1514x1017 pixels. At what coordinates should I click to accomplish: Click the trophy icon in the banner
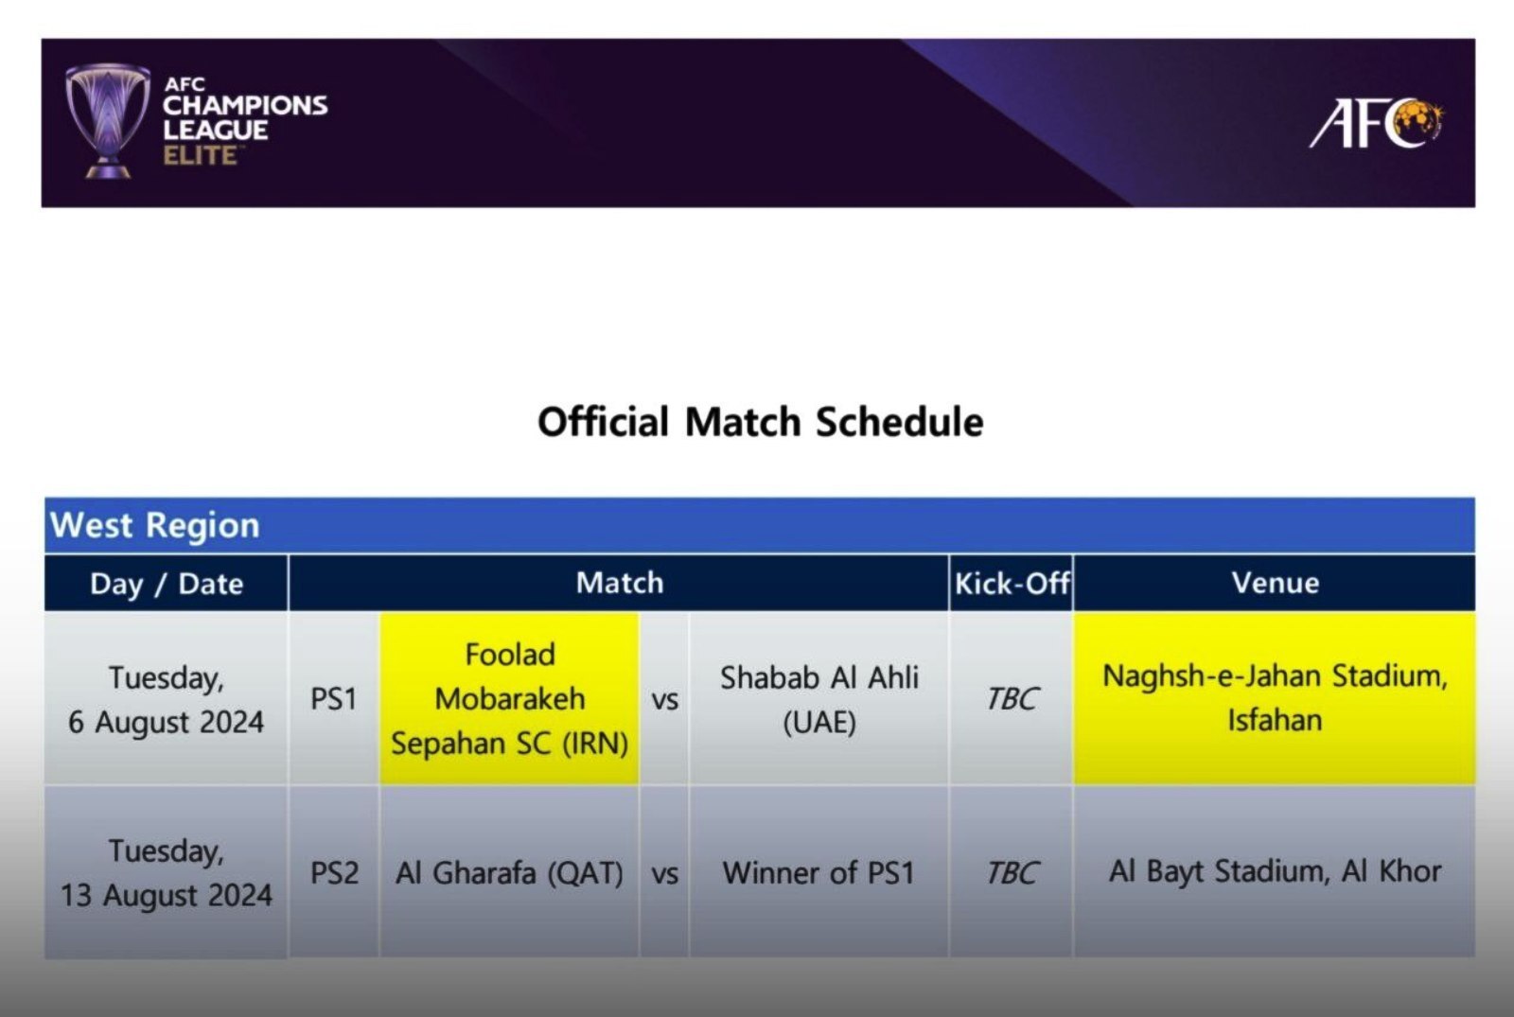click(x=108, y=121)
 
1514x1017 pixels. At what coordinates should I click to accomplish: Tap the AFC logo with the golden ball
click(x=1376, y=123)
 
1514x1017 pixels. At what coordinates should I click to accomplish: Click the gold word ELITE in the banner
click(x=201, y=155)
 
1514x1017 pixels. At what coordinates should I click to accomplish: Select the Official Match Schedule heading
click(x=761, y=422)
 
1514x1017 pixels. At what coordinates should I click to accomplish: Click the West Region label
click(x=155, y=525)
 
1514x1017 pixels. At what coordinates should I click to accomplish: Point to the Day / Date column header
click(x=167, y=583)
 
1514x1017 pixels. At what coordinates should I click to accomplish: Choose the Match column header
click(x=619, y=583)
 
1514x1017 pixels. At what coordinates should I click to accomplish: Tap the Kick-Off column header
click(x=1012, y=583)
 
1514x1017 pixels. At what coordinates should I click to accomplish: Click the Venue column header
click(x=1275, y=583)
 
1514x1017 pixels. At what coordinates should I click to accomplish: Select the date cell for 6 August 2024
click(x=167, y=699)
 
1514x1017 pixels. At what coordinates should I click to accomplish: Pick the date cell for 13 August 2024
click(x=167, y=872)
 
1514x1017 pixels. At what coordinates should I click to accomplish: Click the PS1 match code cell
click(x=334, y=699)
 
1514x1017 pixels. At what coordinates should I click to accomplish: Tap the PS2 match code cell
click(x=334, y=872)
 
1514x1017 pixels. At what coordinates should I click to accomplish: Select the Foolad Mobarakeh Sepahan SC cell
click(x=510, y=699)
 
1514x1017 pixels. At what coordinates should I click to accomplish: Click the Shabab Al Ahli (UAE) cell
click(x=819, y=699)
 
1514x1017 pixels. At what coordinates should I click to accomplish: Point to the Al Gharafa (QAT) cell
click(x=510, y=872)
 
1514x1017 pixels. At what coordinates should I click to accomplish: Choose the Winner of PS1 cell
click(x=819, y=872)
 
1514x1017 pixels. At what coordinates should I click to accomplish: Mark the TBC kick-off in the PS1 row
click(x=1012, y=699)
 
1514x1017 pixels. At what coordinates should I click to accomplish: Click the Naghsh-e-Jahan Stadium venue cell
click(x=1275, y=699)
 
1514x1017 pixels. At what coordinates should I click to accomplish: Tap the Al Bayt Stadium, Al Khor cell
click(x=1275, y=872)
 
